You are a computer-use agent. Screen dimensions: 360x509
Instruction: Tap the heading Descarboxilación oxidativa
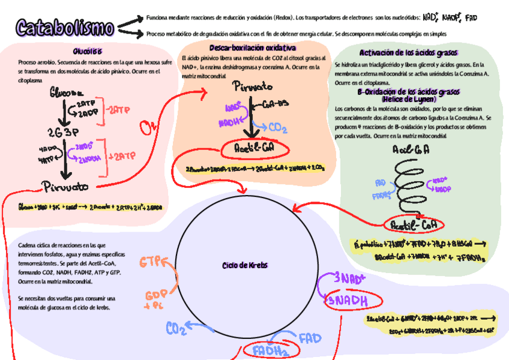click(253, 47)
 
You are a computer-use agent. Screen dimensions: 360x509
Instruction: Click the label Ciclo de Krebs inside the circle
click(245, 265)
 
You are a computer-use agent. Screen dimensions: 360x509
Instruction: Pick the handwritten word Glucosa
click(67, 94)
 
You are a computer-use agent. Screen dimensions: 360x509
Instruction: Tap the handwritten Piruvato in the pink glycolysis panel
click(65, 187)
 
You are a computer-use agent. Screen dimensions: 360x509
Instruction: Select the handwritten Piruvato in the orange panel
click(253, 86)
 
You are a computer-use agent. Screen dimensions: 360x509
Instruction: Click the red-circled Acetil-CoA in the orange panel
click(255, 148)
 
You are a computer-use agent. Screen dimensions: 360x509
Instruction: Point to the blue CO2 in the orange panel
click(277, 127)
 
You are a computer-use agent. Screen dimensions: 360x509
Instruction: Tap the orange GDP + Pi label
click(155, 300)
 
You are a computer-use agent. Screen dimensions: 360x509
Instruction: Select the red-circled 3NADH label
click(346, 301)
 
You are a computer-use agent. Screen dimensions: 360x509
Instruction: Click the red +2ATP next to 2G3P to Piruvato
click(122, 156)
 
